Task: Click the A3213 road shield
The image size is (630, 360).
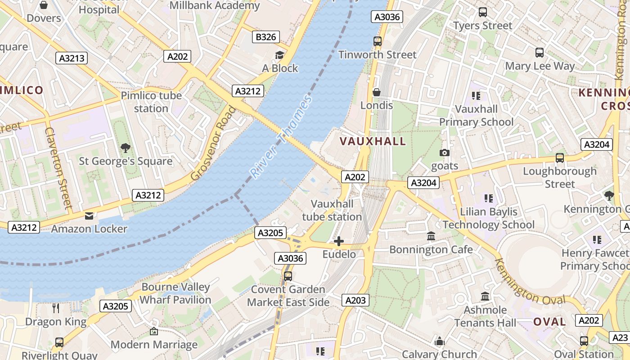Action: (72, 58)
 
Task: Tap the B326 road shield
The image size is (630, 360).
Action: (265, 37)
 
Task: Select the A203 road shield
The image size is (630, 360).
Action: (355, 300)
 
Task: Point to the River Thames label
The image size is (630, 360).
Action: (281, 137)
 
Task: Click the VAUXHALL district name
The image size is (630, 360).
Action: (373, 141)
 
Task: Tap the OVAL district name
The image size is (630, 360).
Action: (549, 322)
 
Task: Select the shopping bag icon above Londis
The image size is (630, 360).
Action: (377, 92)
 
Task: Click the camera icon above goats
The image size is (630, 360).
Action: (445, 153)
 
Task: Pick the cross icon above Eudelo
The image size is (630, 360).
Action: (339, 241)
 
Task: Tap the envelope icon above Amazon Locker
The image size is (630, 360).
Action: (89, 216)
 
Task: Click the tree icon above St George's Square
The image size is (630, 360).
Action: (126, 148)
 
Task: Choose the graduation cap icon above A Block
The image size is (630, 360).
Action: (279, 55)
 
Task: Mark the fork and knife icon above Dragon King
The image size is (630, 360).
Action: (56, 308)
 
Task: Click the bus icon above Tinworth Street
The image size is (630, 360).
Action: (377, 41)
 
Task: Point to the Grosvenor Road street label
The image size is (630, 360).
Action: (213, 143)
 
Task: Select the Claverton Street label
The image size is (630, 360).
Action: (58, 168)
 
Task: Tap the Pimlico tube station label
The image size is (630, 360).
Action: (151, 102)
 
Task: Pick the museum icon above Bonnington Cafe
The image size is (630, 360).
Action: (431, 236)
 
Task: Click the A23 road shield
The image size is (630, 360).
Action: (620, 337)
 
